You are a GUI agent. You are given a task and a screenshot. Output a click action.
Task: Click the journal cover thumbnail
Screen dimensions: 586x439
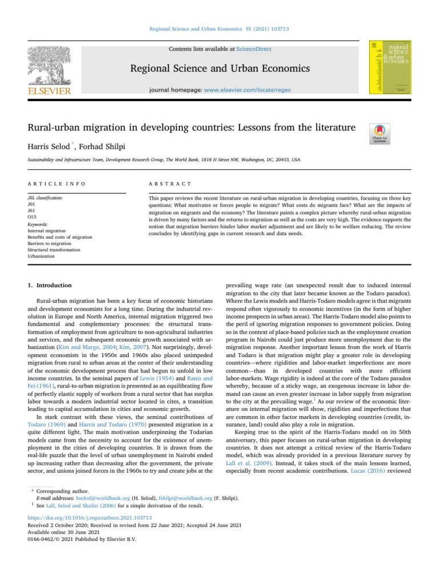point(391,68)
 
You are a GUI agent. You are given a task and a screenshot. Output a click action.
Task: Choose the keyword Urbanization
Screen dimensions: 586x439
point(41,256)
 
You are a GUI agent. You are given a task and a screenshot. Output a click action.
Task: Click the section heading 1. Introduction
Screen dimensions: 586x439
point(50,285)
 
